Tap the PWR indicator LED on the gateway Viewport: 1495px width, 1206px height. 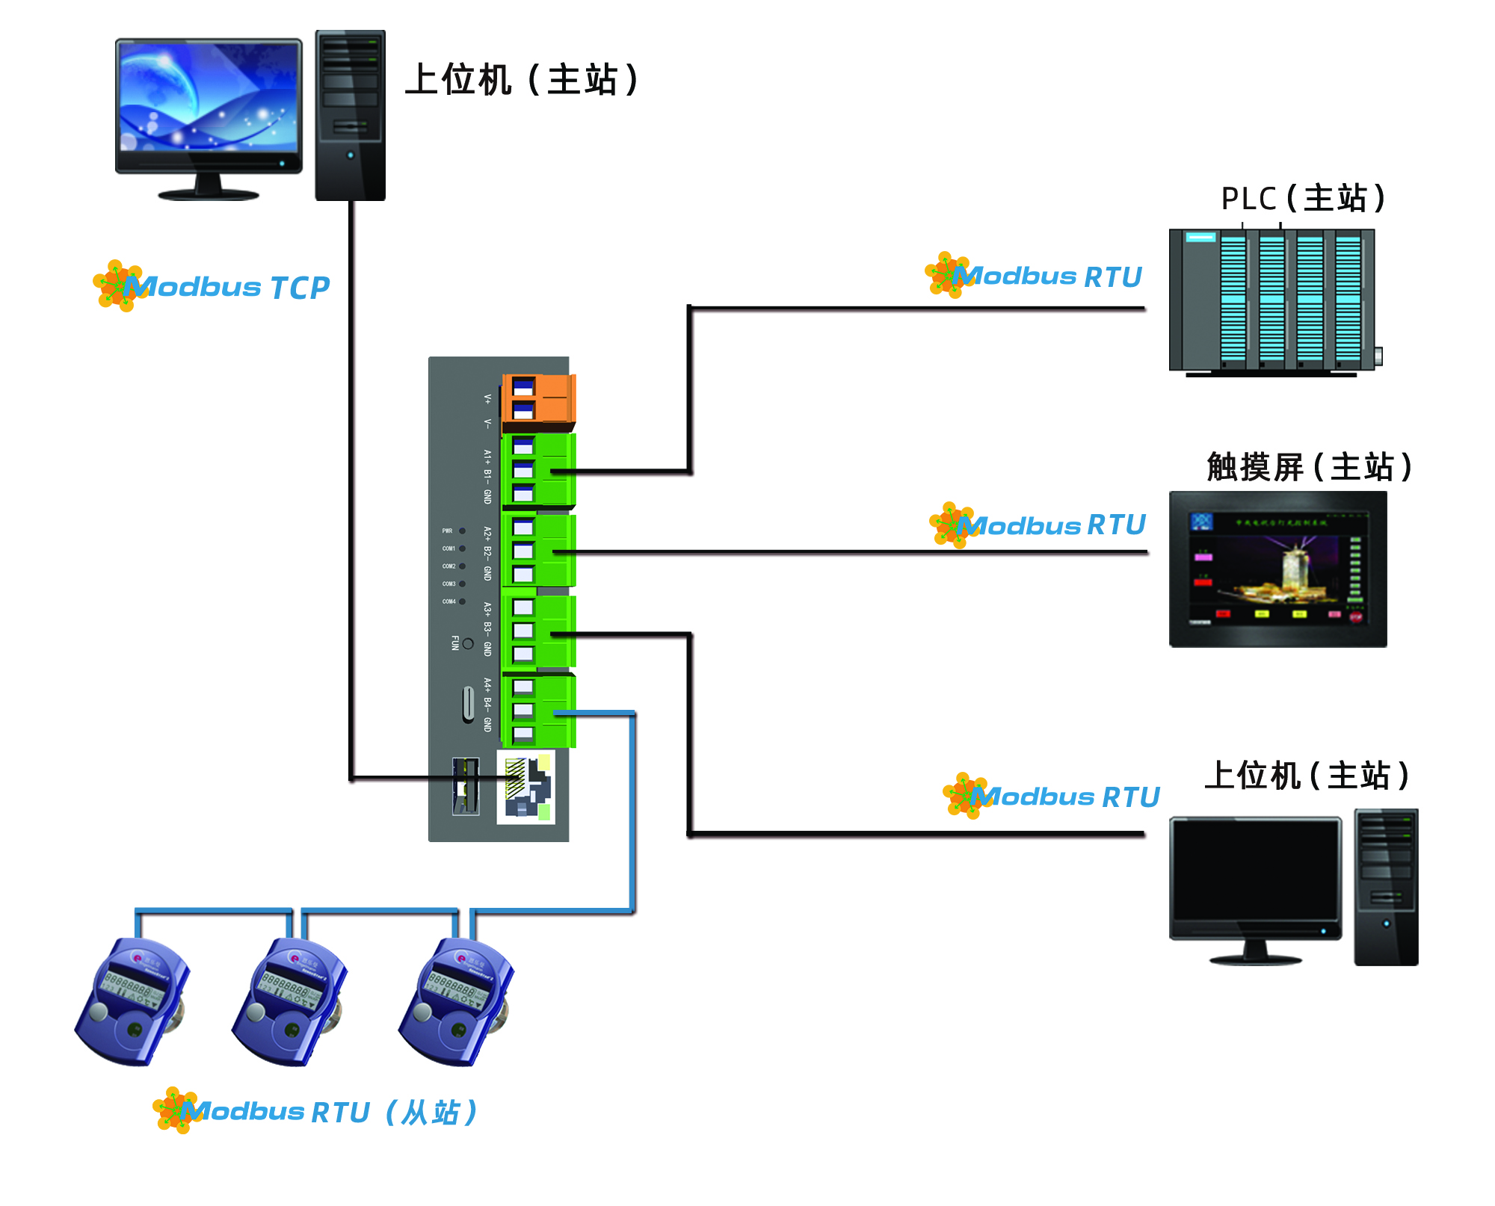[x=462, y=531]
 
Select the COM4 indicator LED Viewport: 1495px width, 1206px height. [x=462, y=602]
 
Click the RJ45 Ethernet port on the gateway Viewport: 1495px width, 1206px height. [x=525, y=788]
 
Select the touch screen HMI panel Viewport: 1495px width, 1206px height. [x=1277, y=569]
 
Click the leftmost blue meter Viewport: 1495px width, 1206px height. [x=132, y=1001]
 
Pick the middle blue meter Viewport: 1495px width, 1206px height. [x=290, y=1001]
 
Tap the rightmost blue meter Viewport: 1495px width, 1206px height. [x=456, y=1001]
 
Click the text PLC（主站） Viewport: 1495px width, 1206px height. [x=1303, y=199]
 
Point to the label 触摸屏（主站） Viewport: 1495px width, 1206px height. [x=1309, y=467]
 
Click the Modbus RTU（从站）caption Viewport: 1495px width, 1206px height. [x=329, y=1112]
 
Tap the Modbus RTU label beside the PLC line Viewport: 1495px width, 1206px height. [x=1046, y=276]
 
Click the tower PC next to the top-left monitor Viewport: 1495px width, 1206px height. [x=350, y=116]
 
